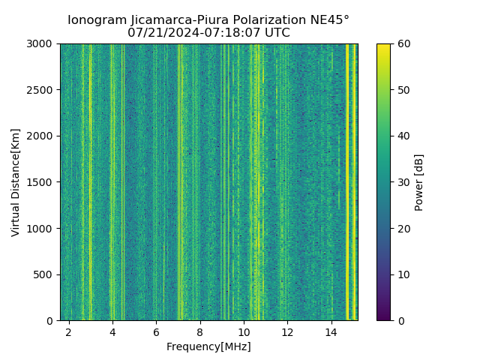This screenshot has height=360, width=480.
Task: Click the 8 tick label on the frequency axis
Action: [199, 331]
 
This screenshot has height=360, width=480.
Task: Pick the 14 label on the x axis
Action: [331, 331]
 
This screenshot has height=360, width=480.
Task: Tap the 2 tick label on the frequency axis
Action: [69, 331]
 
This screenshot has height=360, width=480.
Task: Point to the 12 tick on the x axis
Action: [287, 331]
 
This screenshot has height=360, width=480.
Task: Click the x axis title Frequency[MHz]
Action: [208, 346]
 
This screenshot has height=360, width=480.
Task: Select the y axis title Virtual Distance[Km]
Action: [16, 182]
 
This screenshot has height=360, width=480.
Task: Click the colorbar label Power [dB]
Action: [419, 182]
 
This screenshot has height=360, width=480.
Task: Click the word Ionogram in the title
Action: [97, 20]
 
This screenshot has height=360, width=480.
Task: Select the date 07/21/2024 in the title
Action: [158, 33]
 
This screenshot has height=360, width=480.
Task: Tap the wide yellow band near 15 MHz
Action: [349, 180]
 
